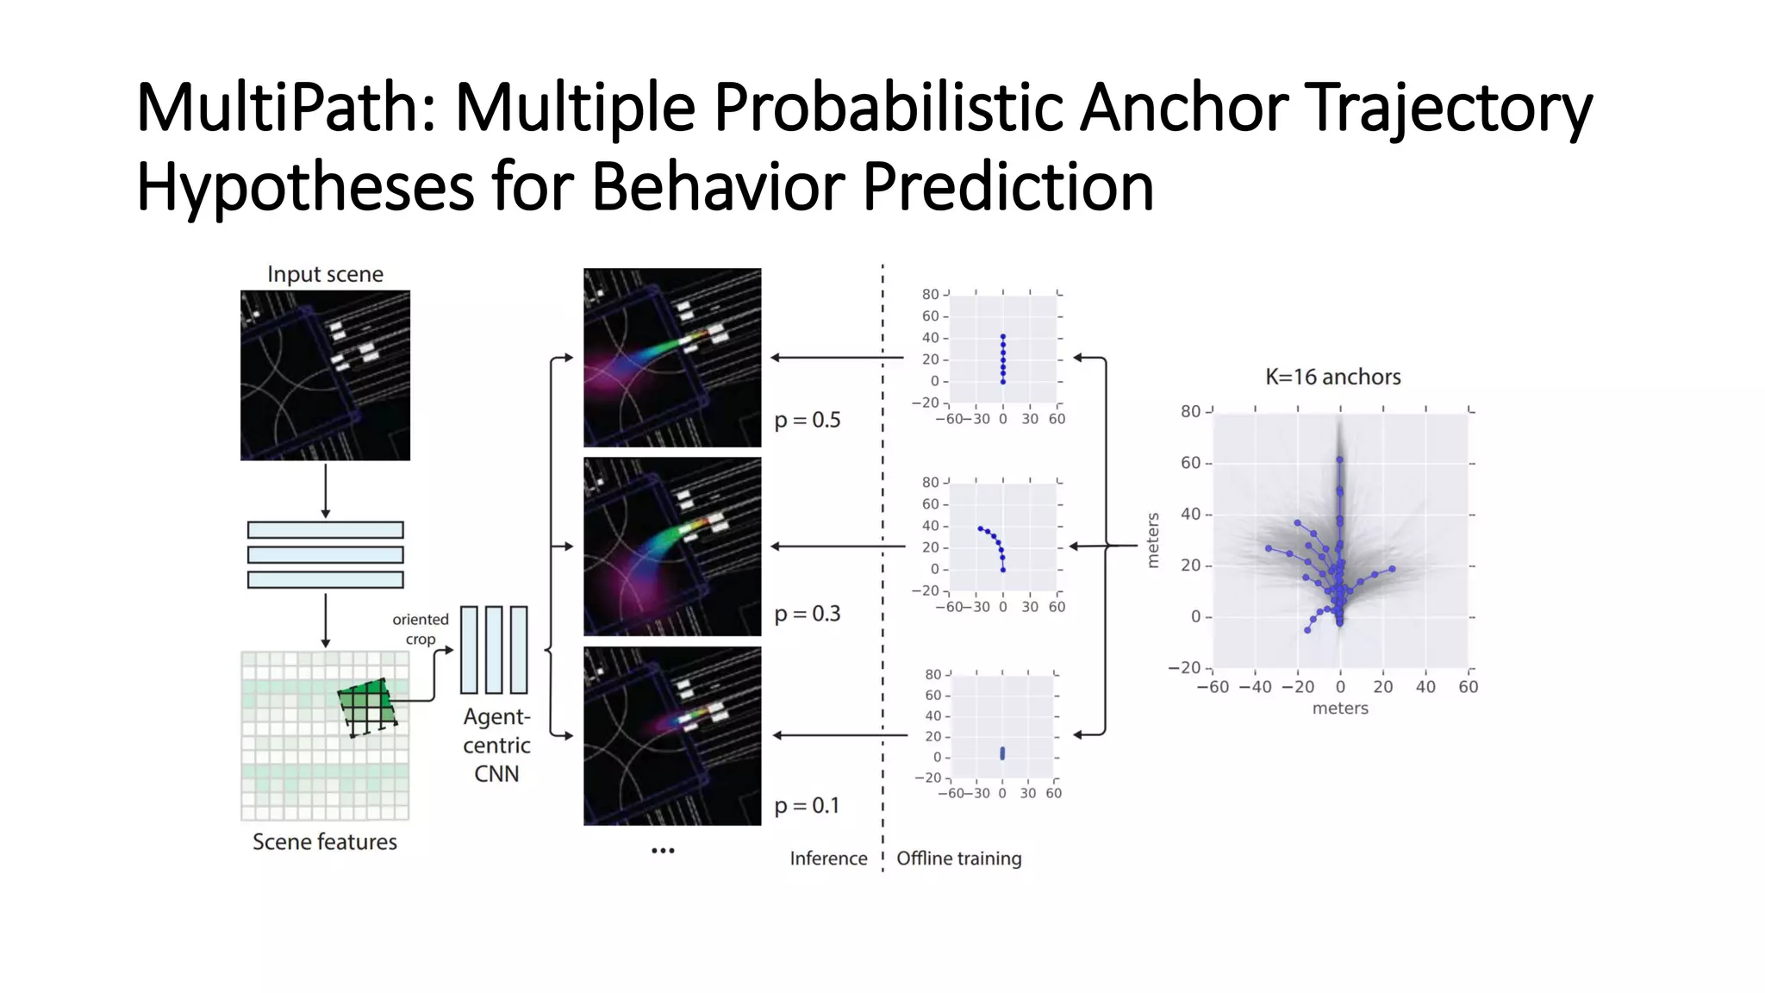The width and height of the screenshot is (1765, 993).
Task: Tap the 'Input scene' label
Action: tap(325, 274)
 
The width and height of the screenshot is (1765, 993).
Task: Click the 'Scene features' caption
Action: tap(325, 841)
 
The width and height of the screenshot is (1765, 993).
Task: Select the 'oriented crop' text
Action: tap(421, 629)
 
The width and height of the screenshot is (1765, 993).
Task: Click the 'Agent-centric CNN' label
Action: tap(496, 745)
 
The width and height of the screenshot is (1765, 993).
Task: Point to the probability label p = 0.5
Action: tap(807, 420)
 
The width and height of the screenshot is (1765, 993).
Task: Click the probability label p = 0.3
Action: tap(807, 614)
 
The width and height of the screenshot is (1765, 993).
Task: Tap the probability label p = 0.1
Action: tap(807, 805)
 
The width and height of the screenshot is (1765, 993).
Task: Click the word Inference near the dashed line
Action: tap(828, 859)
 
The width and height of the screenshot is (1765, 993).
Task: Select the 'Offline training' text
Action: tap(958, 859)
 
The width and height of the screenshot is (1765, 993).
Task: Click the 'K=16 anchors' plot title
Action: tap(1332, 377)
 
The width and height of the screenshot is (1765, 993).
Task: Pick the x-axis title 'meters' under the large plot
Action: tap(1340, 709)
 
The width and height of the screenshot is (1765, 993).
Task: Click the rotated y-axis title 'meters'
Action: tap(1153, 540)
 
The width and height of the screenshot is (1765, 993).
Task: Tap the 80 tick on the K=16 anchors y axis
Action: tap(1190, 412)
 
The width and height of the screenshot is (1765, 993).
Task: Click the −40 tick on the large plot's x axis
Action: tap(1255, 687)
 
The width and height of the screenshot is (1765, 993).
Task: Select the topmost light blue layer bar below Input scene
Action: tap(325, 530)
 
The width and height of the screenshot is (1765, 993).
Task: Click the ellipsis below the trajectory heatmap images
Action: tap(663, 851)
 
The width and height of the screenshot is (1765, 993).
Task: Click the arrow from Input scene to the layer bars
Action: tap(325, 490)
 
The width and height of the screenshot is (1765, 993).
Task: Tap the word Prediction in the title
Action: tap(1007, 187)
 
